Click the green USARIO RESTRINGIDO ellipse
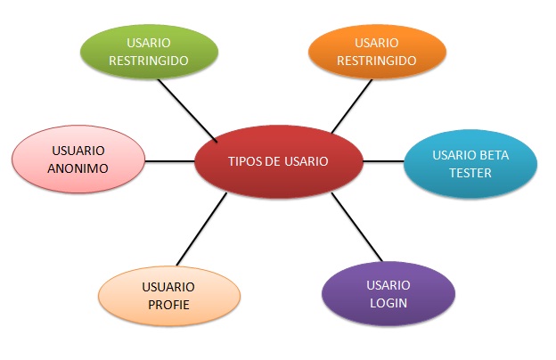point(150,52)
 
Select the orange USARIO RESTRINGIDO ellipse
point(377,52)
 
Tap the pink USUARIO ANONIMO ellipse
point(78,160)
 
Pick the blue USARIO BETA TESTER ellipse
point(470,163)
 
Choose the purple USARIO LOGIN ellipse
point(388,294)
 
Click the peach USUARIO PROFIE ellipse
point(169,296)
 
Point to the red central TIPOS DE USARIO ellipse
point(279,161)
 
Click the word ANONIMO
point(78,168)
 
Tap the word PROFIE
point(168,305)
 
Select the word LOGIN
point(388,303)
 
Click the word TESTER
point(470,173)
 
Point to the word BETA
point(494,155)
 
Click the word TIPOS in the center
point(243,161)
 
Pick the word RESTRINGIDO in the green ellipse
point(149,61)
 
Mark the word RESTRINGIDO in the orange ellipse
point(377,61)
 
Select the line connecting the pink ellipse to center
point(170,161)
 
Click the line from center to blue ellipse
point(384,161)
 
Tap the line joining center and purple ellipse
point(356,227)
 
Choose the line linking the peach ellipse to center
point(201,229)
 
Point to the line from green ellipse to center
point(187,110)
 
